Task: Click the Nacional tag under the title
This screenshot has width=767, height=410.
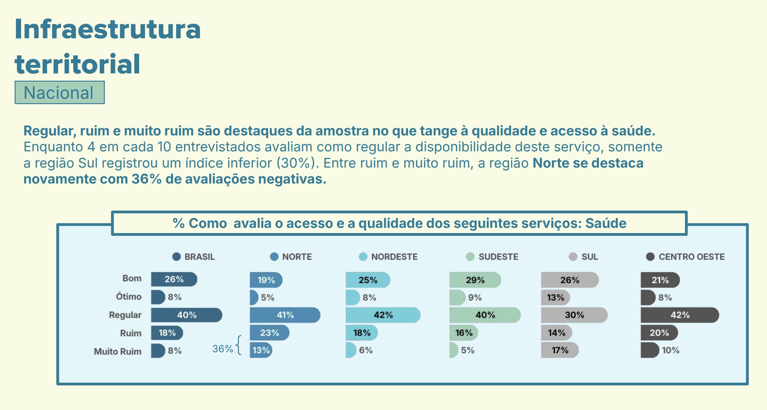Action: tap(59, 92)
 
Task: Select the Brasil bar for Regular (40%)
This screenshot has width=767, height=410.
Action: tap(186, 315)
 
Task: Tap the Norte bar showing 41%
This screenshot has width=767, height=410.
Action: tap(285, 315)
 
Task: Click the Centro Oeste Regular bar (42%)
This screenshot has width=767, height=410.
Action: tap(679, 315)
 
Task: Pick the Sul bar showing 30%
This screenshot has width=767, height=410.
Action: tap(574, 315)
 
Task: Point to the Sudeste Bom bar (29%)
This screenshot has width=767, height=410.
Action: tap(475, 280)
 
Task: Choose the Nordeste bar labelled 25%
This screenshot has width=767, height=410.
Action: tap(367, 280)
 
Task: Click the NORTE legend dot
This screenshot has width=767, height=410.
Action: tap(274, 257)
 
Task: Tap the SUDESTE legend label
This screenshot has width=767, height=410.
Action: tap(498, 257)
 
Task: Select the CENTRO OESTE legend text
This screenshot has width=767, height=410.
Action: tap(691, 257)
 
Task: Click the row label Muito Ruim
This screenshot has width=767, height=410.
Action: tap(118, 351)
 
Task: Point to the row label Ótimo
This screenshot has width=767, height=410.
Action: tap(128, 297)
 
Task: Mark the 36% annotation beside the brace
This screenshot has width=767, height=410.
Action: tap(222, 349)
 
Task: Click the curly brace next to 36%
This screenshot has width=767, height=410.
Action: tap(238, 345)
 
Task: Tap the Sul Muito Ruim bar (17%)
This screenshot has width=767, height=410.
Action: tap(559, 350)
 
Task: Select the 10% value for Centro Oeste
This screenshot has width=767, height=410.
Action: tap(670, 350)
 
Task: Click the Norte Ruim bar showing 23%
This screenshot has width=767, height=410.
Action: tap(269, 333)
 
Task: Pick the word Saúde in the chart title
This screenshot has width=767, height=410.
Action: tap(606, 223)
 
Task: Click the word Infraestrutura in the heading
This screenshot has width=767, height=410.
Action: tap(108, 29)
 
